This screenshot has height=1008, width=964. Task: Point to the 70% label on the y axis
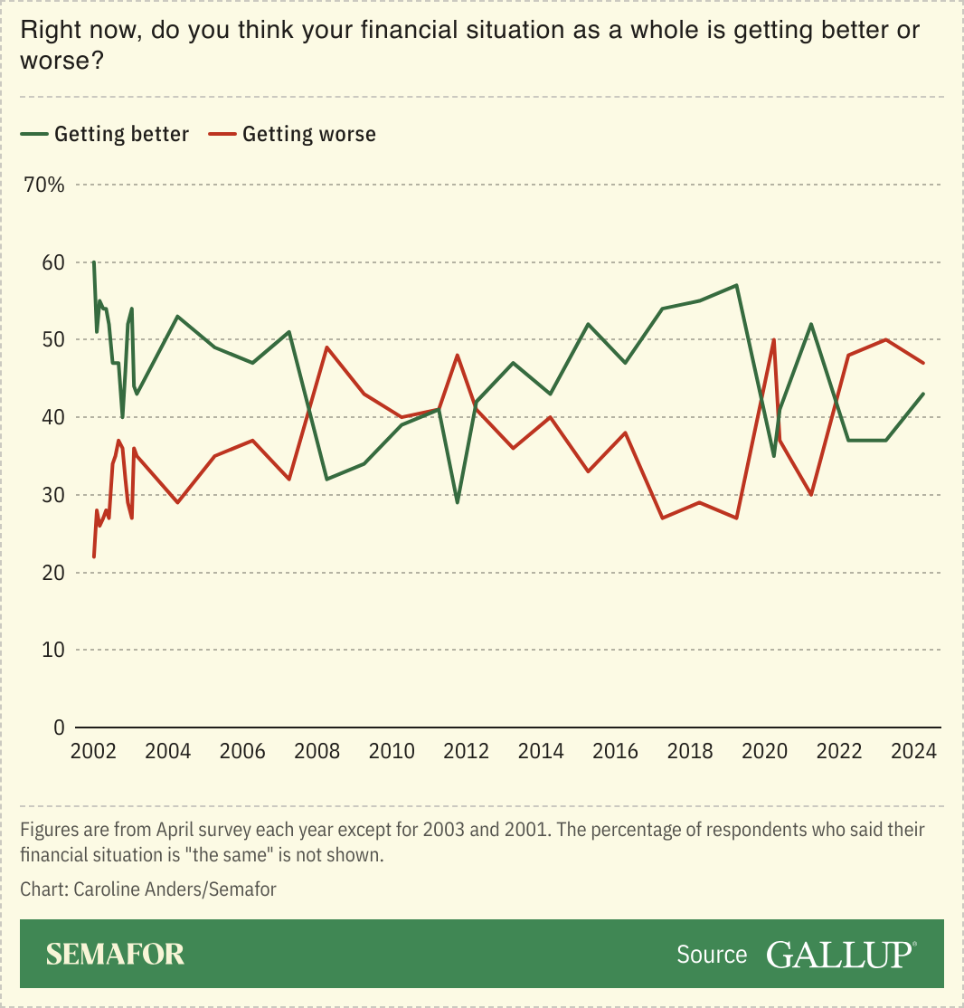pos(44,185)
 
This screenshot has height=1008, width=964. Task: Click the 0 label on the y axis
pos(60,727)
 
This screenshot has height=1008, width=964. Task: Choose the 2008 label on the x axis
pos(317,752)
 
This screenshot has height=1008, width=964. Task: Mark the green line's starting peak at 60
pos(93,262)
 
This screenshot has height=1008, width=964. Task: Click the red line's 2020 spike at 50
pos(774,340)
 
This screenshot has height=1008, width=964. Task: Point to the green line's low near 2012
pos(458,502)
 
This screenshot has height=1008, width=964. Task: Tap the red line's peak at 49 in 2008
pos(326,347)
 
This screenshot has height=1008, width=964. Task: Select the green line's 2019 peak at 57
pos(737,285)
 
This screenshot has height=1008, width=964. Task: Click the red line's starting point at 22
pos(93,556)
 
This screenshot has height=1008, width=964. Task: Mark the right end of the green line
pos(922,394)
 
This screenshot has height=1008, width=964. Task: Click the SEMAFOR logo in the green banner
pos(115,954)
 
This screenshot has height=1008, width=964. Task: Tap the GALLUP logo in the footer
pos(841,954)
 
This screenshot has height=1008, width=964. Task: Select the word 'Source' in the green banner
pos(712,955)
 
